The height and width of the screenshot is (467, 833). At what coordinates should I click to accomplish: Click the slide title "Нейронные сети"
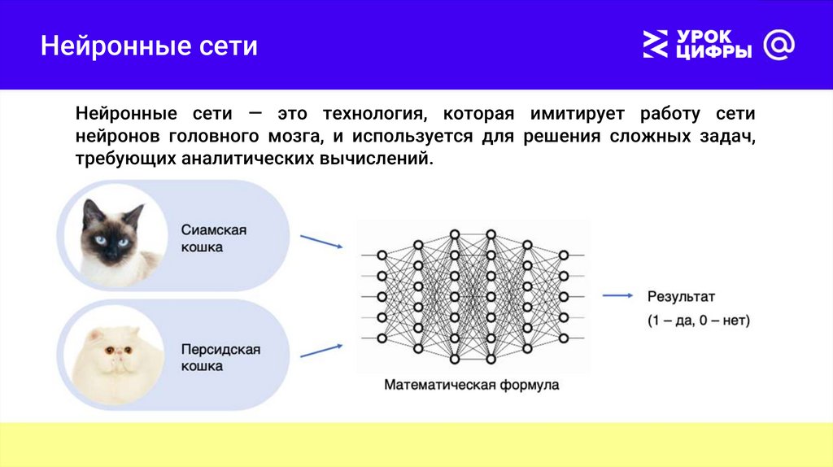[150, 46]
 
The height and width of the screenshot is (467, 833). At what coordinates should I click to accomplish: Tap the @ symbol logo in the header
[779, 46]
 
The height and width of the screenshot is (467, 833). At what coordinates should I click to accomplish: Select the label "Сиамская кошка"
[214, 238]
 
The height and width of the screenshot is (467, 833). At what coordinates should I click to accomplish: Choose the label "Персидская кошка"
[220, 358]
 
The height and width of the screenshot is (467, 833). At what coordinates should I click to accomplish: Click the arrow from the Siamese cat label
[321, 242]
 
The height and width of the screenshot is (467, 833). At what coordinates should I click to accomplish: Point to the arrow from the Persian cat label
[321, 351]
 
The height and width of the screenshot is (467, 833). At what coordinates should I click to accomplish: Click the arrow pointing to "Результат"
[618, 297]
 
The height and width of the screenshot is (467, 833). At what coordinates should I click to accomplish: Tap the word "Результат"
[681, 297]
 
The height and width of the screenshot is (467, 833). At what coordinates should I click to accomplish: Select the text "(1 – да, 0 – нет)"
[699, 321]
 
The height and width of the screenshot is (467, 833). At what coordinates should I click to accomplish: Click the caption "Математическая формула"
[472, 385]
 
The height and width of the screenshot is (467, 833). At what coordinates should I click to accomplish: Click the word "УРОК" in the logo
[704, 37]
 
